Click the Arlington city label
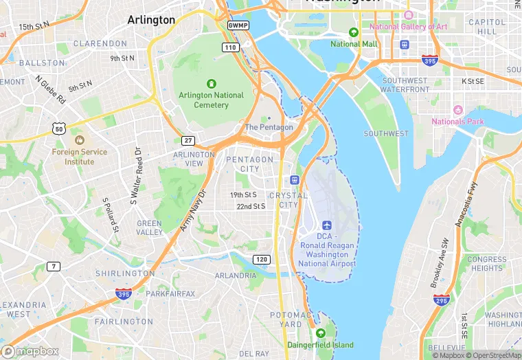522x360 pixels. click(x=151, y=20)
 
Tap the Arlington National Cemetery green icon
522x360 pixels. click(x=212, y=83)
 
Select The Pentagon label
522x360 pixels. click(x=269, y=127)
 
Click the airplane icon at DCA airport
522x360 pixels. click(x=326, y=225)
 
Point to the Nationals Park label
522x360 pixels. click(x=457, y=122)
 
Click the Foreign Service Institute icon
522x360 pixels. click(x=79, y=140)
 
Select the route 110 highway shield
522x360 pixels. click(x=230, y=47)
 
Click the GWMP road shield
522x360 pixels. click(x=238, y=25)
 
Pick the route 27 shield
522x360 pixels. click(x=188, y=139)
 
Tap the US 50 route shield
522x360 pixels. click(x=58, y=128)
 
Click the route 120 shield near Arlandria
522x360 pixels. click(x=260, y=259)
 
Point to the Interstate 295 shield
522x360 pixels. click(x=442, y=300)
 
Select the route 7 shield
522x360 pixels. click(x=54, y=266)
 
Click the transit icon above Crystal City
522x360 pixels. click(x=295, y=180)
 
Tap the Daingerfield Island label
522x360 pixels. click(x=321, y=344)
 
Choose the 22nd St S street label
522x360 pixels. click(x=251, y=206)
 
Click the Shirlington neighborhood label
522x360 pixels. click(x=124, y=273)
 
